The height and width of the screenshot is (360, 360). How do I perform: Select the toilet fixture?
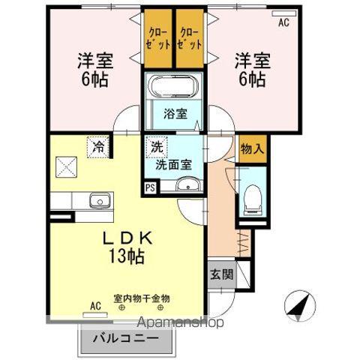[250, 198]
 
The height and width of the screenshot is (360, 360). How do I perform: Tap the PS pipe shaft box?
[151, 187]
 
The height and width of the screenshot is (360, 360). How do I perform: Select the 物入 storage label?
[252, 148]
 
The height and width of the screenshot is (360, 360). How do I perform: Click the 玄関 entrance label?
[220, 274]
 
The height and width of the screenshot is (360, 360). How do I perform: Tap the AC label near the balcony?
[95, 305]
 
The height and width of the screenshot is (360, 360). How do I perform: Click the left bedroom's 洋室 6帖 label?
[92, 68]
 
